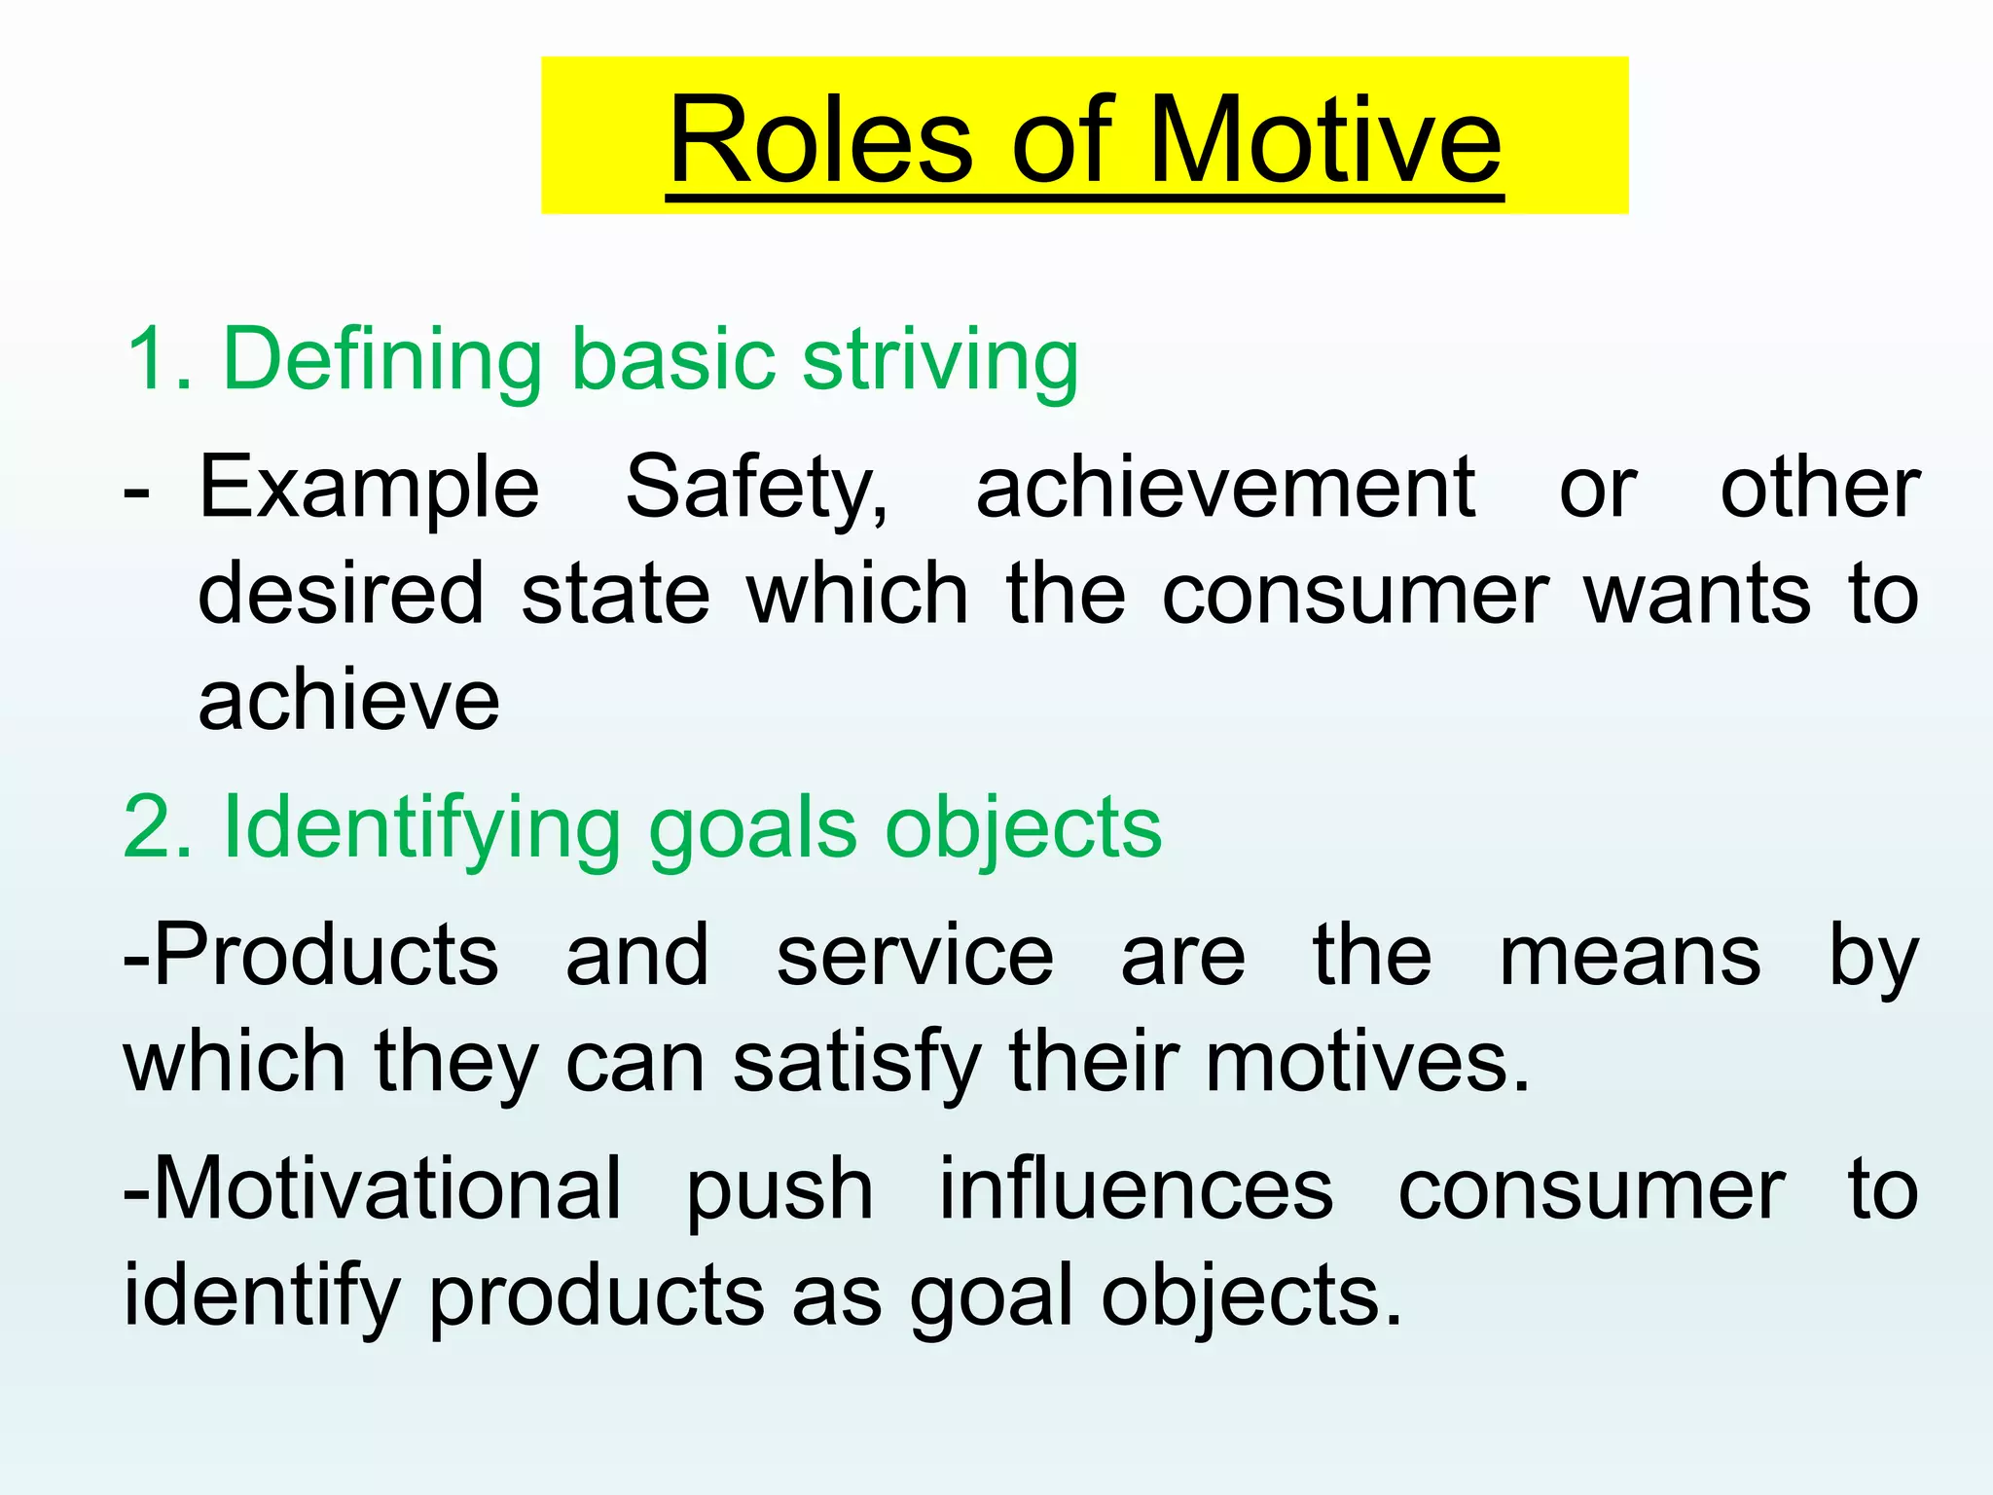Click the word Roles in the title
(x=819, y=140)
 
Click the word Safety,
(x=756, y=489)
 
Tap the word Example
(x=369, y=489)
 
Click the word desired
(x=341, y=594)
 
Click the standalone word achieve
(x=348, y=701)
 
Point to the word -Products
(x=310, y=956)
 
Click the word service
(x=915, y=956)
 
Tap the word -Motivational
(x=372, y=1188)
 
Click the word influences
(x=1136, y=1188)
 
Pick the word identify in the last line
(x=262, y=1297)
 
